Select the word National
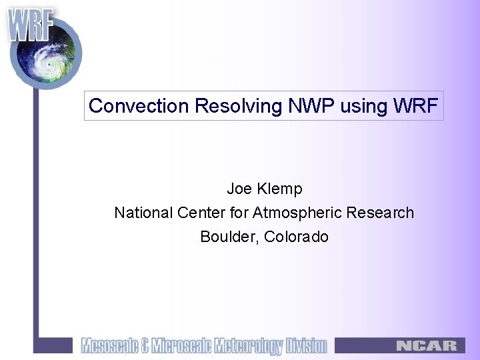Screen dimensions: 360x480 pyautogui.click(x=143, y=213)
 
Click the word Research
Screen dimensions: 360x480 pyautogui.click(x=379, y=213)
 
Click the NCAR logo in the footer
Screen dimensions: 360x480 pyautogui.click(x=427, y=345)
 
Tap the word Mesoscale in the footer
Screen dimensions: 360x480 pyautogui.click(x=109, y=345)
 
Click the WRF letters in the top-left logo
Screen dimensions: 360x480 pyautogui.click(x=30, y=25)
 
